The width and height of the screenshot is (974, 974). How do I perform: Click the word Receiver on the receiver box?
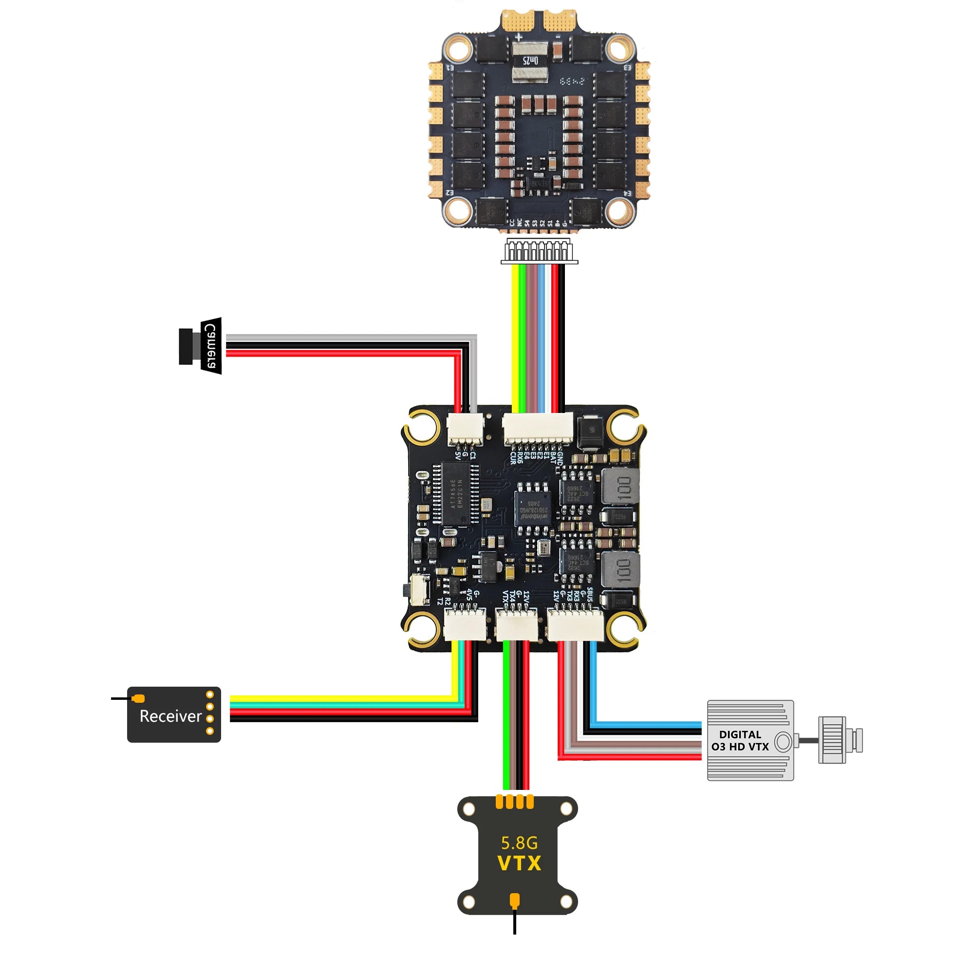pos(170,716)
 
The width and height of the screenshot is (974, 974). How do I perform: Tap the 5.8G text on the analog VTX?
pos(519,843)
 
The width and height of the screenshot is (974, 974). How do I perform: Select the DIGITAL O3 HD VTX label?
pos(740,741)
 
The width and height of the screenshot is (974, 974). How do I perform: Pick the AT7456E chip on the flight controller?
pos(456,494)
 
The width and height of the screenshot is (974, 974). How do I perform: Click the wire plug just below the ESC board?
pos(539,250)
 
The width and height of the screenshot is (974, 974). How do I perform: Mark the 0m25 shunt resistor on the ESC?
pos(529,61)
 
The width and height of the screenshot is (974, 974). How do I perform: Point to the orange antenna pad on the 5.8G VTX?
pos(515,900)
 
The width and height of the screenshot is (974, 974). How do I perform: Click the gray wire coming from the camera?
pos(353,338)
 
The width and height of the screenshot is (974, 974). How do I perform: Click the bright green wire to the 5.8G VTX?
pos(506,716)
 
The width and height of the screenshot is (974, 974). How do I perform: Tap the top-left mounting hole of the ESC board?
pos(459,49)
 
